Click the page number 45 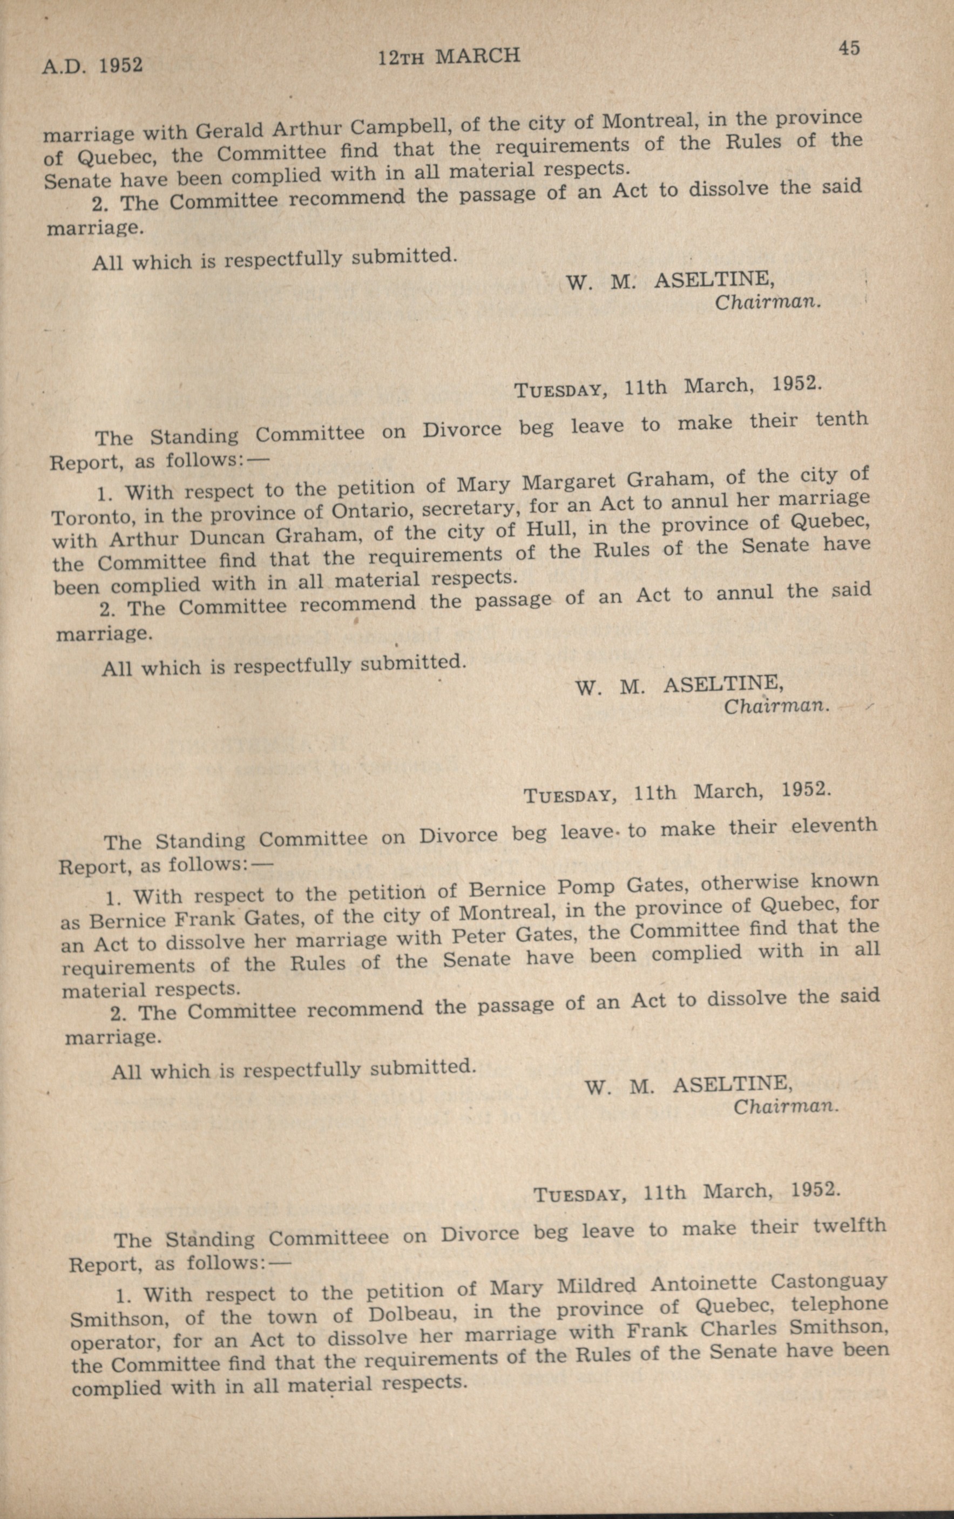tap(849, 48)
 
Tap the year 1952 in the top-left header tap(120, 65)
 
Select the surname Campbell tap(399, 127)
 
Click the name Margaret tap(571, 481)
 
